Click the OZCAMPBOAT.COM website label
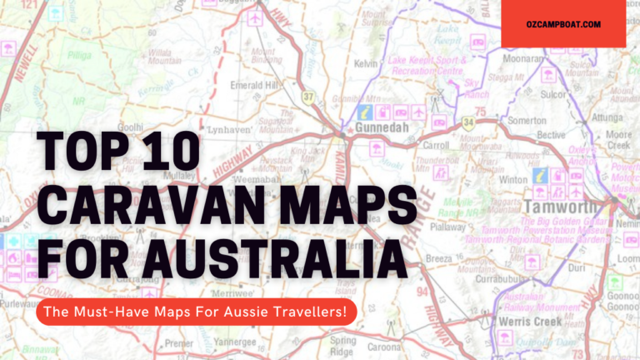562,24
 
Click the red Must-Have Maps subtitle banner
195,312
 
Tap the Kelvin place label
366,63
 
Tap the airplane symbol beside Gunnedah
418,111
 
